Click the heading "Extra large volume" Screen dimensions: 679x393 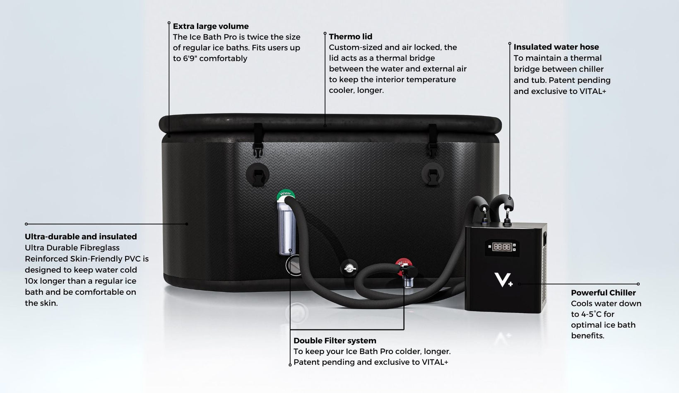click(x=211, y=27)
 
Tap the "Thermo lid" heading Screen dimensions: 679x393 click(x=350, y=37)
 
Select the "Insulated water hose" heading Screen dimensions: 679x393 click(x=556, y=47)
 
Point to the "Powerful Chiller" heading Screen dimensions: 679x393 click(x=603, y=293)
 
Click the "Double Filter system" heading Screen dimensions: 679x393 click(x=335, y=340)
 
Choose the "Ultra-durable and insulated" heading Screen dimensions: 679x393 click(x=81, y=236)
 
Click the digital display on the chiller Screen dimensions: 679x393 click(x=502, y=247)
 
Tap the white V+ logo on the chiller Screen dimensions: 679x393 click(x=503, y=279)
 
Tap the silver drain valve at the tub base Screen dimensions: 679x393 click(x=349, y=268)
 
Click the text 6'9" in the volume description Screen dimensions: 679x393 click(x=190, y=58)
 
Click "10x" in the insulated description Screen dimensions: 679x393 click(x=31, y=281)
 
